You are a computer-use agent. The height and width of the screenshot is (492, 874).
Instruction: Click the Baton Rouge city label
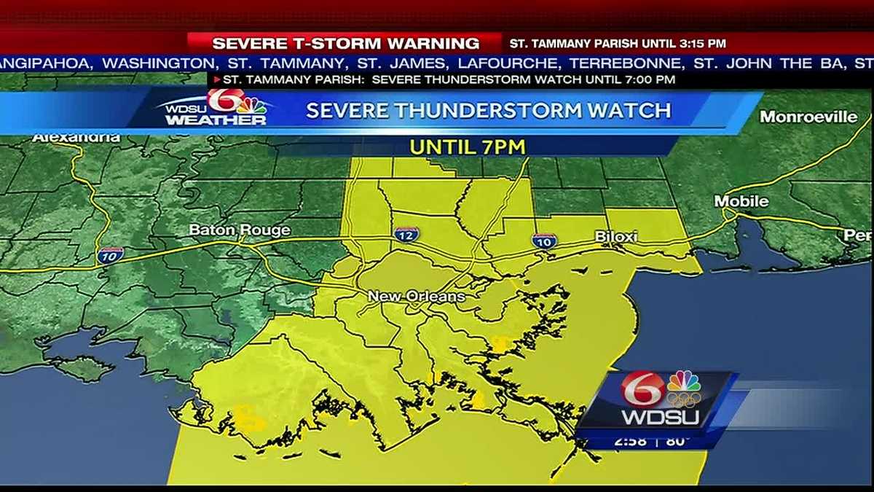228,230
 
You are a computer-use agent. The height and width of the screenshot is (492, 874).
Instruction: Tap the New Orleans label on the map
416,297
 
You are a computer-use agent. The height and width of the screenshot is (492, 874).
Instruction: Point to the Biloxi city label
616,236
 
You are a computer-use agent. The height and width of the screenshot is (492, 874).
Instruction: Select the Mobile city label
741,201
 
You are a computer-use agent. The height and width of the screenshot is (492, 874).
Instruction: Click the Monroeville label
808,117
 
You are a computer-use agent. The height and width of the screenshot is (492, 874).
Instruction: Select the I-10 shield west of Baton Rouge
110,254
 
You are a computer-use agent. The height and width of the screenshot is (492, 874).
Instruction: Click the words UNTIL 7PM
468,147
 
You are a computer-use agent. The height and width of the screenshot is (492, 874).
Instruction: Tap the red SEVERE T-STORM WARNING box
345,44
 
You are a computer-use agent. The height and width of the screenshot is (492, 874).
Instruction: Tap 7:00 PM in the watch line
649,79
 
